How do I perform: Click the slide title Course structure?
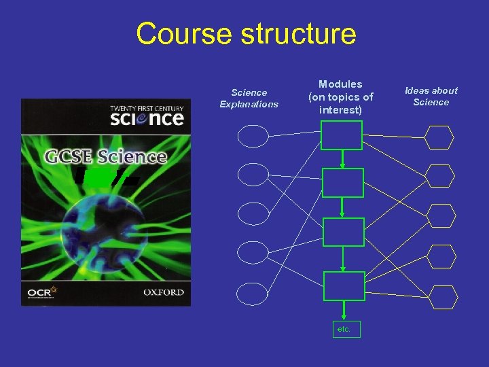click(245, 33)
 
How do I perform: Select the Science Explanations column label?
click(249, 99)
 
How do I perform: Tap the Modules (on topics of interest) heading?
click(340, 97)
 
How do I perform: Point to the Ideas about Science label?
click(431, 96)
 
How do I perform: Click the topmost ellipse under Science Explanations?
click(253, 137)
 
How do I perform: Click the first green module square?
click(342, 135)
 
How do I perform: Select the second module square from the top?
click(342, 183)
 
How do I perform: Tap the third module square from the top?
click(342, 232)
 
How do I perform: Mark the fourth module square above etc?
click(342, 286)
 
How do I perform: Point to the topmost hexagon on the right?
click(439, 137)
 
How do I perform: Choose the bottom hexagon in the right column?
click(444, 297)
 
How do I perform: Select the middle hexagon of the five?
click(441, 215)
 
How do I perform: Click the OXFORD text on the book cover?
click(164, 292)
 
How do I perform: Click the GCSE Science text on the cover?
click(106, 156)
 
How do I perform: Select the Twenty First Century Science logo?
click(147, 114)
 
